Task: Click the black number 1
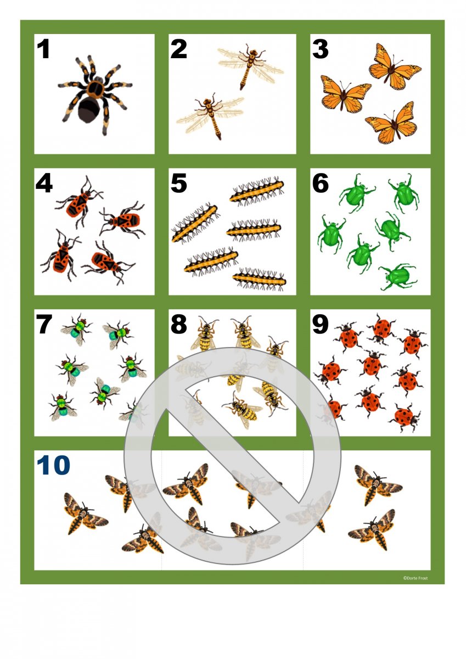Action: click(43, 49)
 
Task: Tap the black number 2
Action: click(178, 49)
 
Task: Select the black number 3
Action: click(320, 49)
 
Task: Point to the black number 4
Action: click(44, 183)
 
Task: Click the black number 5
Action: click(178, 183)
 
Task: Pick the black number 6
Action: click(320, 183)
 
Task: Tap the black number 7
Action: click(44, 324)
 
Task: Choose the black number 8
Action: click(178, 324)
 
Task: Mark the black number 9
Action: click(320, 324)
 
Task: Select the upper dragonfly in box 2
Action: click(250, 66)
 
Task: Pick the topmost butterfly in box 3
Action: click(395, 67)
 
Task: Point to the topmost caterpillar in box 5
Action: click(257, 191)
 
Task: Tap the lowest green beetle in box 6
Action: click(397, 277)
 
